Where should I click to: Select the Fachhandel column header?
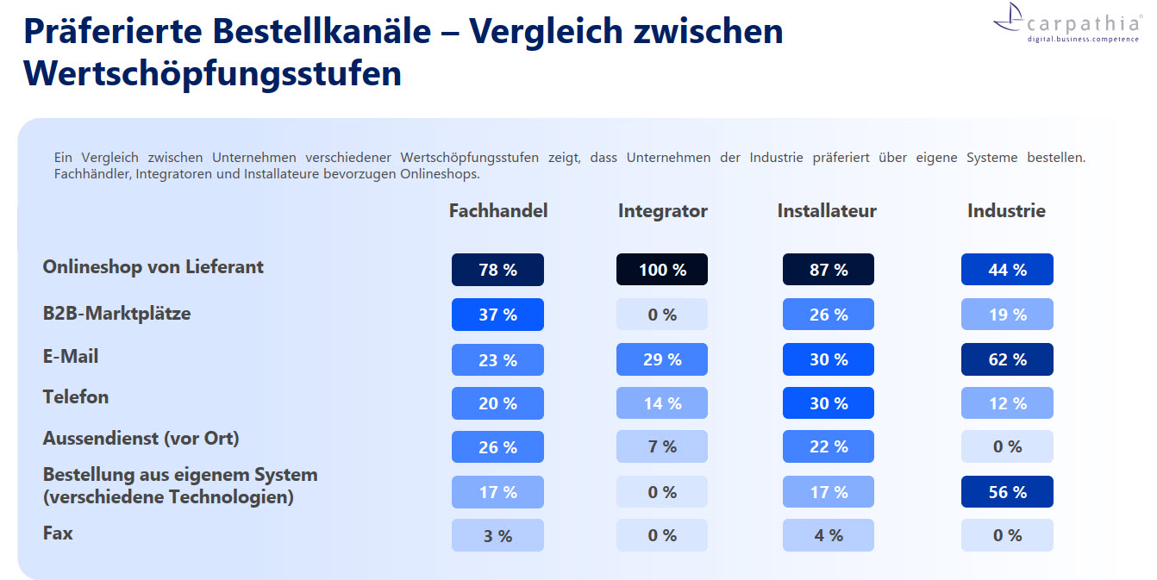pos(498,211)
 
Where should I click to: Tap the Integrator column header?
pos(662,211)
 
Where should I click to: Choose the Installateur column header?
pos(827,211)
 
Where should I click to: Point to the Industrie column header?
pos(1006,211)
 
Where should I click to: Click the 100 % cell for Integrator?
pos(662,270)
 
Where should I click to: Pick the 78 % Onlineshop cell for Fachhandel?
pos(497,270)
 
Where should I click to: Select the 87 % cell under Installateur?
pos(829,270)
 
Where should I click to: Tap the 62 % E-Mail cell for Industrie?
pos(1007,359)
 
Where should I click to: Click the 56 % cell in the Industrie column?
pos(1007,492)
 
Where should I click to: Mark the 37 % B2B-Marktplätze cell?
pos(497,315)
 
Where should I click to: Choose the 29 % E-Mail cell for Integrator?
pos(662,359)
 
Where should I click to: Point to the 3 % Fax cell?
pos(497,535)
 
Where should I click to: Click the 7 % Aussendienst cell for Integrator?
pos(662,446)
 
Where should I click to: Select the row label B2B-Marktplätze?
pos(116,314)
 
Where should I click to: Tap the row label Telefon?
pos(76,397)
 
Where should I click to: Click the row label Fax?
pos(58,533)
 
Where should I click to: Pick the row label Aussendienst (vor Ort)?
pos(141,438)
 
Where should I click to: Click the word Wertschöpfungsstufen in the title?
pos(212,73)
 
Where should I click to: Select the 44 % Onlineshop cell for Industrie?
pos(1007,270)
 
